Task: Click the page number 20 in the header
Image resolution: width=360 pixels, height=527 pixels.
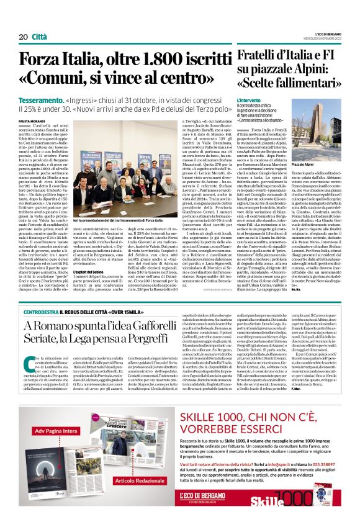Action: tap(24, 37)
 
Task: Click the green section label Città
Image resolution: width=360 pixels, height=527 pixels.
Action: tap(39, 37)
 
